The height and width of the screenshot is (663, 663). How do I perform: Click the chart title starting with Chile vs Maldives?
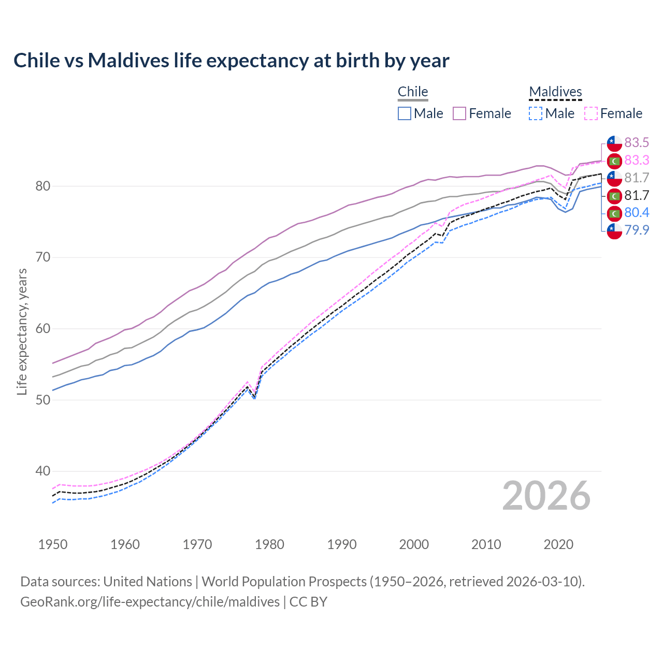[x=231, y=61]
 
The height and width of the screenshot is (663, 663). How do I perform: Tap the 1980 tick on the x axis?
[x=269, y=544]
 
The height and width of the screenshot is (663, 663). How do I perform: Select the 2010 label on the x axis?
[x=486, y=544]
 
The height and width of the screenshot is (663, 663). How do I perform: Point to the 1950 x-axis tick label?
[x=53, y=544]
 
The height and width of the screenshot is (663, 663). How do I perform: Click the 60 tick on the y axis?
[x=43, y=329]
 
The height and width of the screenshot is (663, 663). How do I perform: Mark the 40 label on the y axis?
[x=43, y=471]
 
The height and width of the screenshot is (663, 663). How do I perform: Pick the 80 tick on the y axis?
[x=43, y=186]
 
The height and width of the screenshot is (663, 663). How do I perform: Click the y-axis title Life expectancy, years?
[x=22, y=331]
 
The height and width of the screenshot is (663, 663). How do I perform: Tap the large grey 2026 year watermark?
[x=546, y=496]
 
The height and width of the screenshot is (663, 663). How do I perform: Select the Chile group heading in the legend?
[x=413, y=92]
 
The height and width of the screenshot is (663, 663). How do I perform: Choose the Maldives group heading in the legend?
[x=555, y=92]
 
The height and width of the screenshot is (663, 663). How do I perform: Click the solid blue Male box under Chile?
[x=405, y=113]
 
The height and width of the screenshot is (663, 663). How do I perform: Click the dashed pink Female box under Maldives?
[x=591, y=113]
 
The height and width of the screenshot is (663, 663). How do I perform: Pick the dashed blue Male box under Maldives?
[x=536, y=113]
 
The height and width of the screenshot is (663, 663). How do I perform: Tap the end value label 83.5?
[x=637, y=143]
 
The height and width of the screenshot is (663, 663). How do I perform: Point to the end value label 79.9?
[x=637, y=230]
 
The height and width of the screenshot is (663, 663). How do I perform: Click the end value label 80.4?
[x=637, y=213]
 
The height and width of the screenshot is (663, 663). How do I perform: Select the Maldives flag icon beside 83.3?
[x=614, y=161]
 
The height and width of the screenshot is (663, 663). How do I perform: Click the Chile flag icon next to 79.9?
[x=614, y=230]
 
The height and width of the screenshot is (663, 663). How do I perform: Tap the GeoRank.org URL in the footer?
[x=150, y=602]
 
